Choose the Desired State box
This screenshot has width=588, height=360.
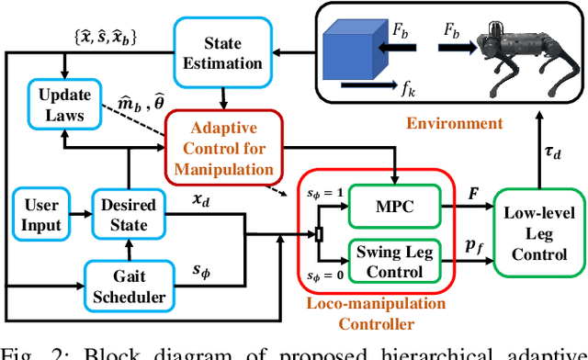pos(129,214)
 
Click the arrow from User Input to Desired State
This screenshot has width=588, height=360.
pos(78,215)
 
